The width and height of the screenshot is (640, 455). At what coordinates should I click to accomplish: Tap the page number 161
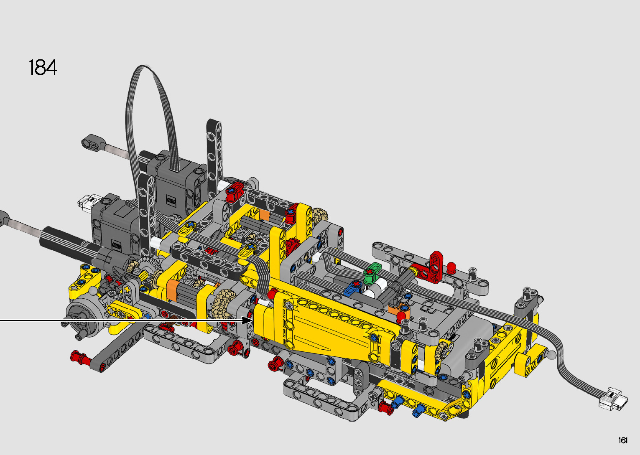623,440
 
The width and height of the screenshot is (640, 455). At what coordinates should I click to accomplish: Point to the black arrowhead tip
253,320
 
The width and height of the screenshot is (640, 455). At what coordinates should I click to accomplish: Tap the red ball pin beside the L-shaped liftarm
451,267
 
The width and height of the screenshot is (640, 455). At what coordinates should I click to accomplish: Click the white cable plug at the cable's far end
613,399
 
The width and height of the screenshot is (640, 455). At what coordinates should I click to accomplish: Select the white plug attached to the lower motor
87,203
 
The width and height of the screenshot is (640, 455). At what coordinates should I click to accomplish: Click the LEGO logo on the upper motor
171,201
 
